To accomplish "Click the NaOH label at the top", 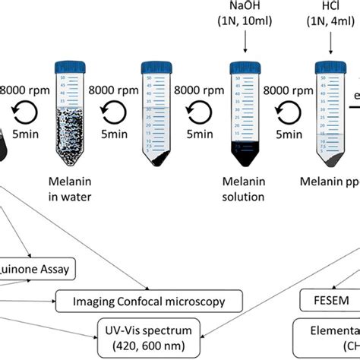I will pos(246,8).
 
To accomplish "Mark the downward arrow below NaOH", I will pos(246,46).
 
